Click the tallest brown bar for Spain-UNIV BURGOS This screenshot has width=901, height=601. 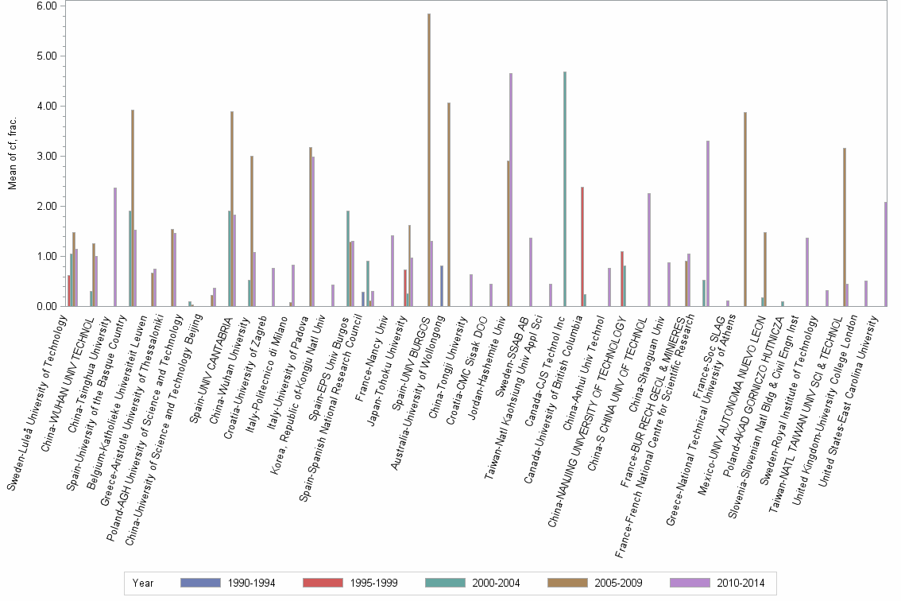point(429,159)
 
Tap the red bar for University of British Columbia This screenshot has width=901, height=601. point(582,246)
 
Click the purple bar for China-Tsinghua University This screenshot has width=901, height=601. point(115,246)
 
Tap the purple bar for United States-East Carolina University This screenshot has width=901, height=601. point(886,254)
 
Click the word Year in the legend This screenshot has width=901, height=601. point(143,584)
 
